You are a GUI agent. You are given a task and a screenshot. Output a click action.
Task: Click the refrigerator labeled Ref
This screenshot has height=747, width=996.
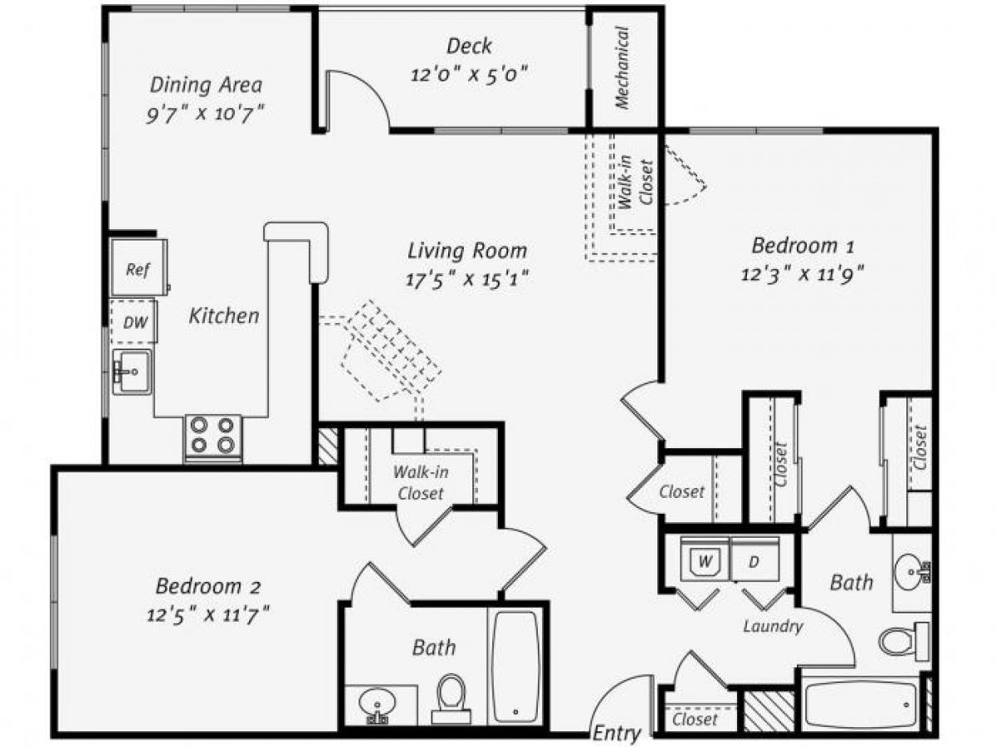click(139, 269)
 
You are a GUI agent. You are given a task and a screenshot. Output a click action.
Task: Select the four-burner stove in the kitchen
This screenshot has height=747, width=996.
click(212, 435)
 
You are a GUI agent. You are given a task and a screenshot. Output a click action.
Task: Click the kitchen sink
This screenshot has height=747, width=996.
click(131, 372)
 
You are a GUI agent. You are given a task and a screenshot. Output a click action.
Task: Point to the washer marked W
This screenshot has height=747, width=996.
click(705, 561)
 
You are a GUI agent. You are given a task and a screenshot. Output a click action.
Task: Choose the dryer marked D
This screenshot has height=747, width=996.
click(754, 561)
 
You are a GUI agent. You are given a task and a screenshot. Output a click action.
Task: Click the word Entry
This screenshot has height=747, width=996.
click(618, 733)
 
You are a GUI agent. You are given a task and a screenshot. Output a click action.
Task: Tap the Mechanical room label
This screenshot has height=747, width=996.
click(622, 68)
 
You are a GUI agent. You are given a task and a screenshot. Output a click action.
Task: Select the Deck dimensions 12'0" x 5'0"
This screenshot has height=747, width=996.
click(470, 73)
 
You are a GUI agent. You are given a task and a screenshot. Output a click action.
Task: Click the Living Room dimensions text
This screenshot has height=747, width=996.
click(468, 278)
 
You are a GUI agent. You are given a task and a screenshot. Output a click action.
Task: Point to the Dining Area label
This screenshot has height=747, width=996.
click(206, 84)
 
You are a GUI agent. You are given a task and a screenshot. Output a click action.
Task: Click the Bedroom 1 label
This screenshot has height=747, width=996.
click(803, 246)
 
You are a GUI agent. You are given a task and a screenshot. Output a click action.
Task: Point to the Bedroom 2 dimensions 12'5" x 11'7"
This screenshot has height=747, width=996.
click(208, 615)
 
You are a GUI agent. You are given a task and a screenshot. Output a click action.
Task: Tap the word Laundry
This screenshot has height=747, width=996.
click(773, 626)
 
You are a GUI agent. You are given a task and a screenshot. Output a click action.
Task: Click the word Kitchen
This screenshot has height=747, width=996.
click(224, 315)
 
